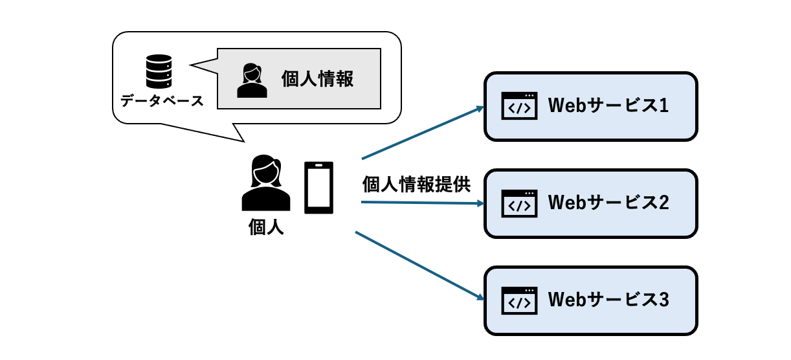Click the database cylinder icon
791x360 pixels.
point(159,72)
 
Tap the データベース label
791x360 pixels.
point(162,102)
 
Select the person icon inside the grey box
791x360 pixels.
point(252,80)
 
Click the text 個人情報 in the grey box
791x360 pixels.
point(317,79)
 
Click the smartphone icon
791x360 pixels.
point(319,188)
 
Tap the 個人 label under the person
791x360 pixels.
point(266,227)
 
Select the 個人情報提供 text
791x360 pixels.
point(416,185)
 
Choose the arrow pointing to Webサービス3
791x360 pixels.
point(421,266)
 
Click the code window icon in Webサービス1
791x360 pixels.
point(520,106)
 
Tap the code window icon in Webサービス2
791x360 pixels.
point(520,203)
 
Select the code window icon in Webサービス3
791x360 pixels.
point(520,300)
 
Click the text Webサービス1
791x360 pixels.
point(608,106)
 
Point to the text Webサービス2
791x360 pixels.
point(608,203)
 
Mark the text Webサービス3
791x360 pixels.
point(608,300)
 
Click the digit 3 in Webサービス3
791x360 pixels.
point(662,300)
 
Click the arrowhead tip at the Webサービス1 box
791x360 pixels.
point(484,107)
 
